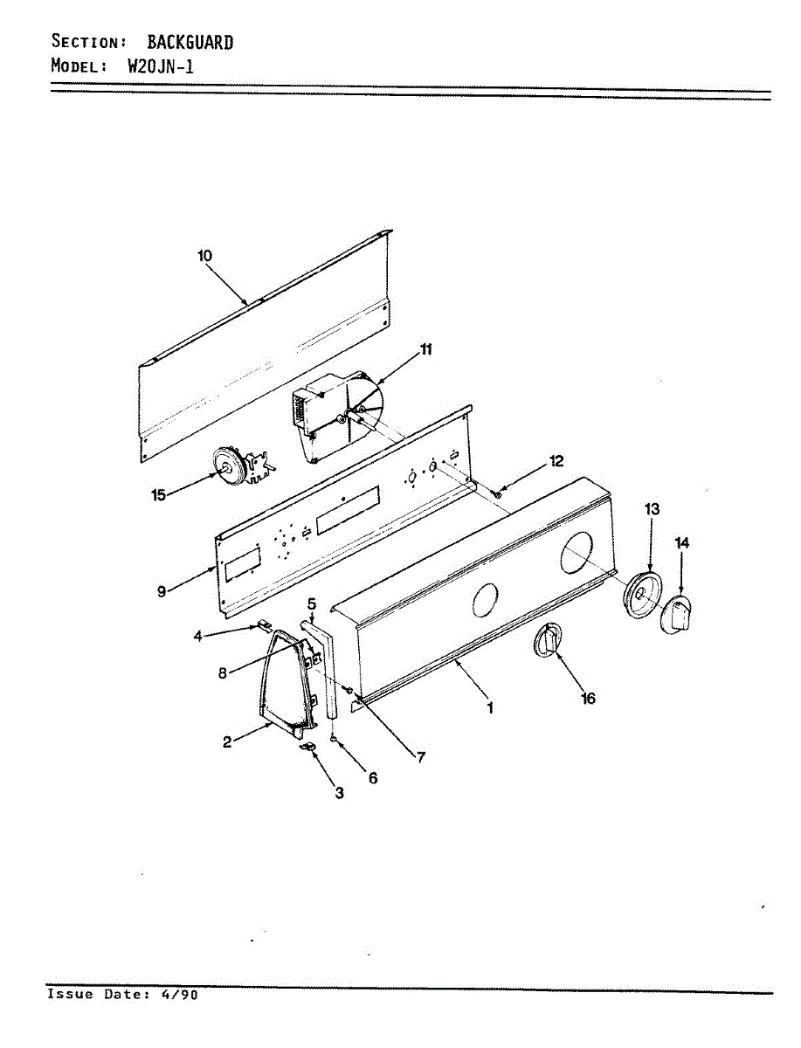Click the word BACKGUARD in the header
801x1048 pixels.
190,41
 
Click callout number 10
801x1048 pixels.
204,256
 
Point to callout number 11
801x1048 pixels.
425,349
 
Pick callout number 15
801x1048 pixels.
158,494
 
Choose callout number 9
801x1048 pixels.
161,591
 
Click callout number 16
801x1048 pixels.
588,699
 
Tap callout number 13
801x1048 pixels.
652,508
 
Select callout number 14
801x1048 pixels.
682,543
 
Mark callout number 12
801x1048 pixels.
556,461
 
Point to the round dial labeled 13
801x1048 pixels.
643,595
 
